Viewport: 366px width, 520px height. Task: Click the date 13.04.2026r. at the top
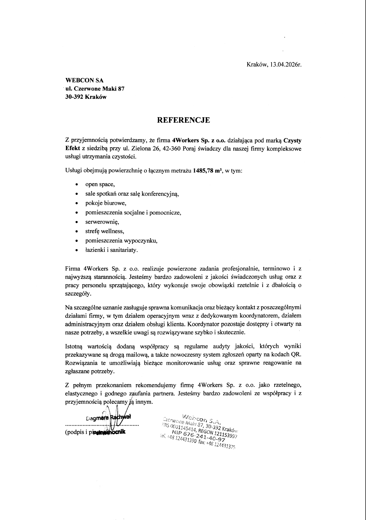(x=285, y=64)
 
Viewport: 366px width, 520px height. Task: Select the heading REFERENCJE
(x=184, y=120)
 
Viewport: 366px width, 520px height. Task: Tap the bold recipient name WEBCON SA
(x=84, y=80)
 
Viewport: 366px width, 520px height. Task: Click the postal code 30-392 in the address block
(x=75, y=97)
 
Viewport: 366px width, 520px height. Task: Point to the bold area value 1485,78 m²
(x=207, y=171)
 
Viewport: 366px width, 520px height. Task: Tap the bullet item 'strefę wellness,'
(x=105, y=231)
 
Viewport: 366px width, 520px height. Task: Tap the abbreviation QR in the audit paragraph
(x=296, y=354)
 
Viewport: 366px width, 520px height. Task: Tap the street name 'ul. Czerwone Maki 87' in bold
(x=95, y=89)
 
